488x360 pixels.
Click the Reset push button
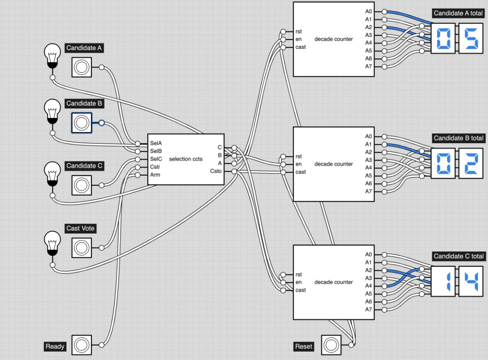tap(332, 345)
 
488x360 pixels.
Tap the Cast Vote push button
tap(82, 248)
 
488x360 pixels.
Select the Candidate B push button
tap(82, 123)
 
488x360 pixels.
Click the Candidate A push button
tap(82, 67)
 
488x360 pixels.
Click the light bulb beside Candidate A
tap(52, 55)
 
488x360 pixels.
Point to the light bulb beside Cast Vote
tap(52, 242)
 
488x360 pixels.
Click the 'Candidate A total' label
tap(458, 13)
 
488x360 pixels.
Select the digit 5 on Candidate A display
tap(471, 38)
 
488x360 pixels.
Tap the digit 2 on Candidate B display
tap(471, 163)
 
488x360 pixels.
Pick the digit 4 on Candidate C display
tap(471, 281)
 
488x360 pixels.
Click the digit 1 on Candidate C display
tap(443, 281)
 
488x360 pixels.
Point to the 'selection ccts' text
tap(186, 159)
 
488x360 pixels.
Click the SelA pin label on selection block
tap(156, 143)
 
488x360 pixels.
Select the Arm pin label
tap(155, 175)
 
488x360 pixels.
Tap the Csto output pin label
tap(216, 171)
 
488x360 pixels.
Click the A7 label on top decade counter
tap(368, 66)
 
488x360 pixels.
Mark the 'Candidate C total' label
tap(458, 256)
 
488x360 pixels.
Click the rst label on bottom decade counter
tap(299, 274)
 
